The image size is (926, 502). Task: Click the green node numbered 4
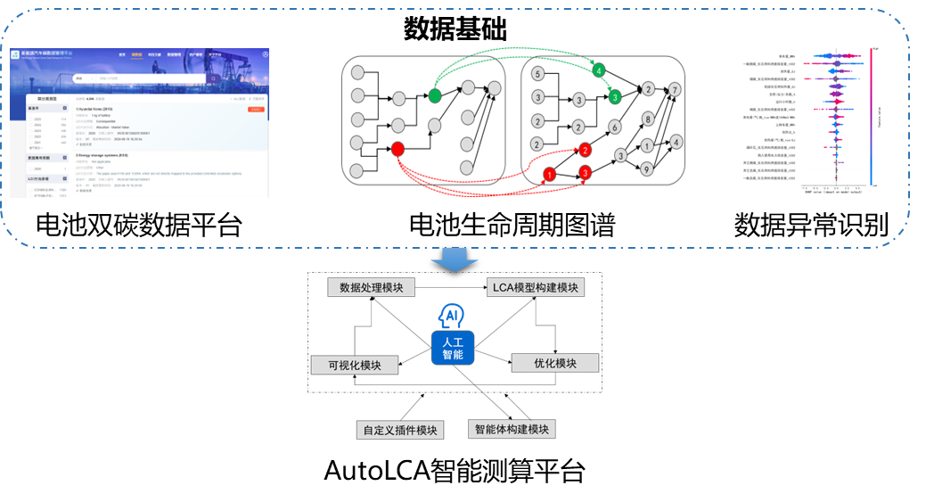[x=599, y=70]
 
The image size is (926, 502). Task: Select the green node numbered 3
[x=615, y=97]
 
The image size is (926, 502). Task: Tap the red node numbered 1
[x=550, y=174]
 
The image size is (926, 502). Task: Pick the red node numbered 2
[x=584, y=149]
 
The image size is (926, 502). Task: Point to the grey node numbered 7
[x=676, y=90]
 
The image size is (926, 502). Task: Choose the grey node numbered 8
[x=648, y=119]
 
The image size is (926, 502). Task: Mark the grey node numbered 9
[x=648, y=168]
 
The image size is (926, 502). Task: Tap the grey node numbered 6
[x=615, y=127]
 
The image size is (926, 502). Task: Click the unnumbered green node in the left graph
[x=435, y=95]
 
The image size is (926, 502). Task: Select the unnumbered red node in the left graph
[x=397, y=149]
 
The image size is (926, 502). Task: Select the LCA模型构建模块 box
[x=536, y=287]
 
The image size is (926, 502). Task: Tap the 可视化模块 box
[x=355, y=365]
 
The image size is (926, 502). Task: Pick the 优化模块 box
[x=554, y=363]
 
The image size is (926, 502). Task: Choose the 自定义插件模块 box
[x=400, y=430]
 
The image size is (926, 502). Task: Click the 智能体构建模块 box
[x=512, y=429]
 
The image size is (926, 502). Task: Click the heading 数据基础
[x=455, y=30]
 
